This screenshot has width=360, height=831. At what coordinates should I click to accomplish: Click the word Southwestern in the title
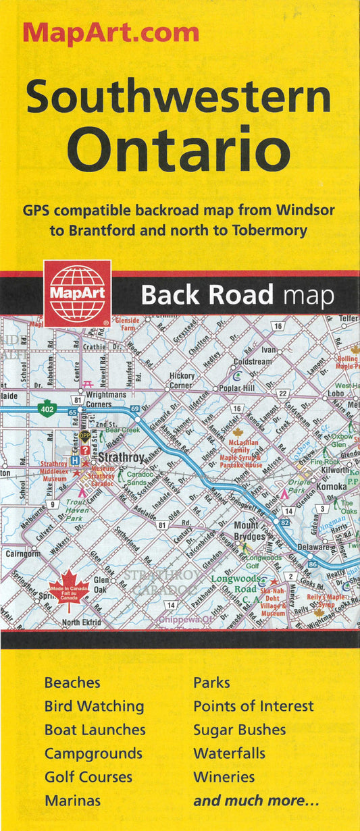click(x=179, y=99)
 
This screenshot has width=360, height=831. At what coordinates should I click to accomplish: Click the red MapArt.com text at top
click(x=111, y=32)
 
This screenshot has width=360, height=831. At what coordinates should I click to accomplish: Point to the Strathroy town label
click(x=121, y=458)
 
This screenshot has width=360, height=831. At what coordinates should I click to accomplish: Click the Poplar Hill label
click(x=235, y=389)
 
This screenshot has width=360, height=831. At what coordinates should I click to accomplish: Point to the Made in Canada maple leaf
click(x=68, y=589)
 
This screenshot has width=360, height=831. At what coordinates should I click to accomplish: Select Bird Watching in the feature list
click(x=94, y=706)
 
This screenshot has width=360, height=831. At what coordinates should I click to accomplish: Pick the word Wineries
click(x=224, y=776)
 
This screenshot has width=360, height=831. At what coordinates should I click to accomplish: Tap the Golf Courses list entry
click(x=88, y=776)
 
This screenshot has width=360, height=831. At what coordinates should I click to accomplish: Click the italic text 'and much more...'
click(x=256, y=801)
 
